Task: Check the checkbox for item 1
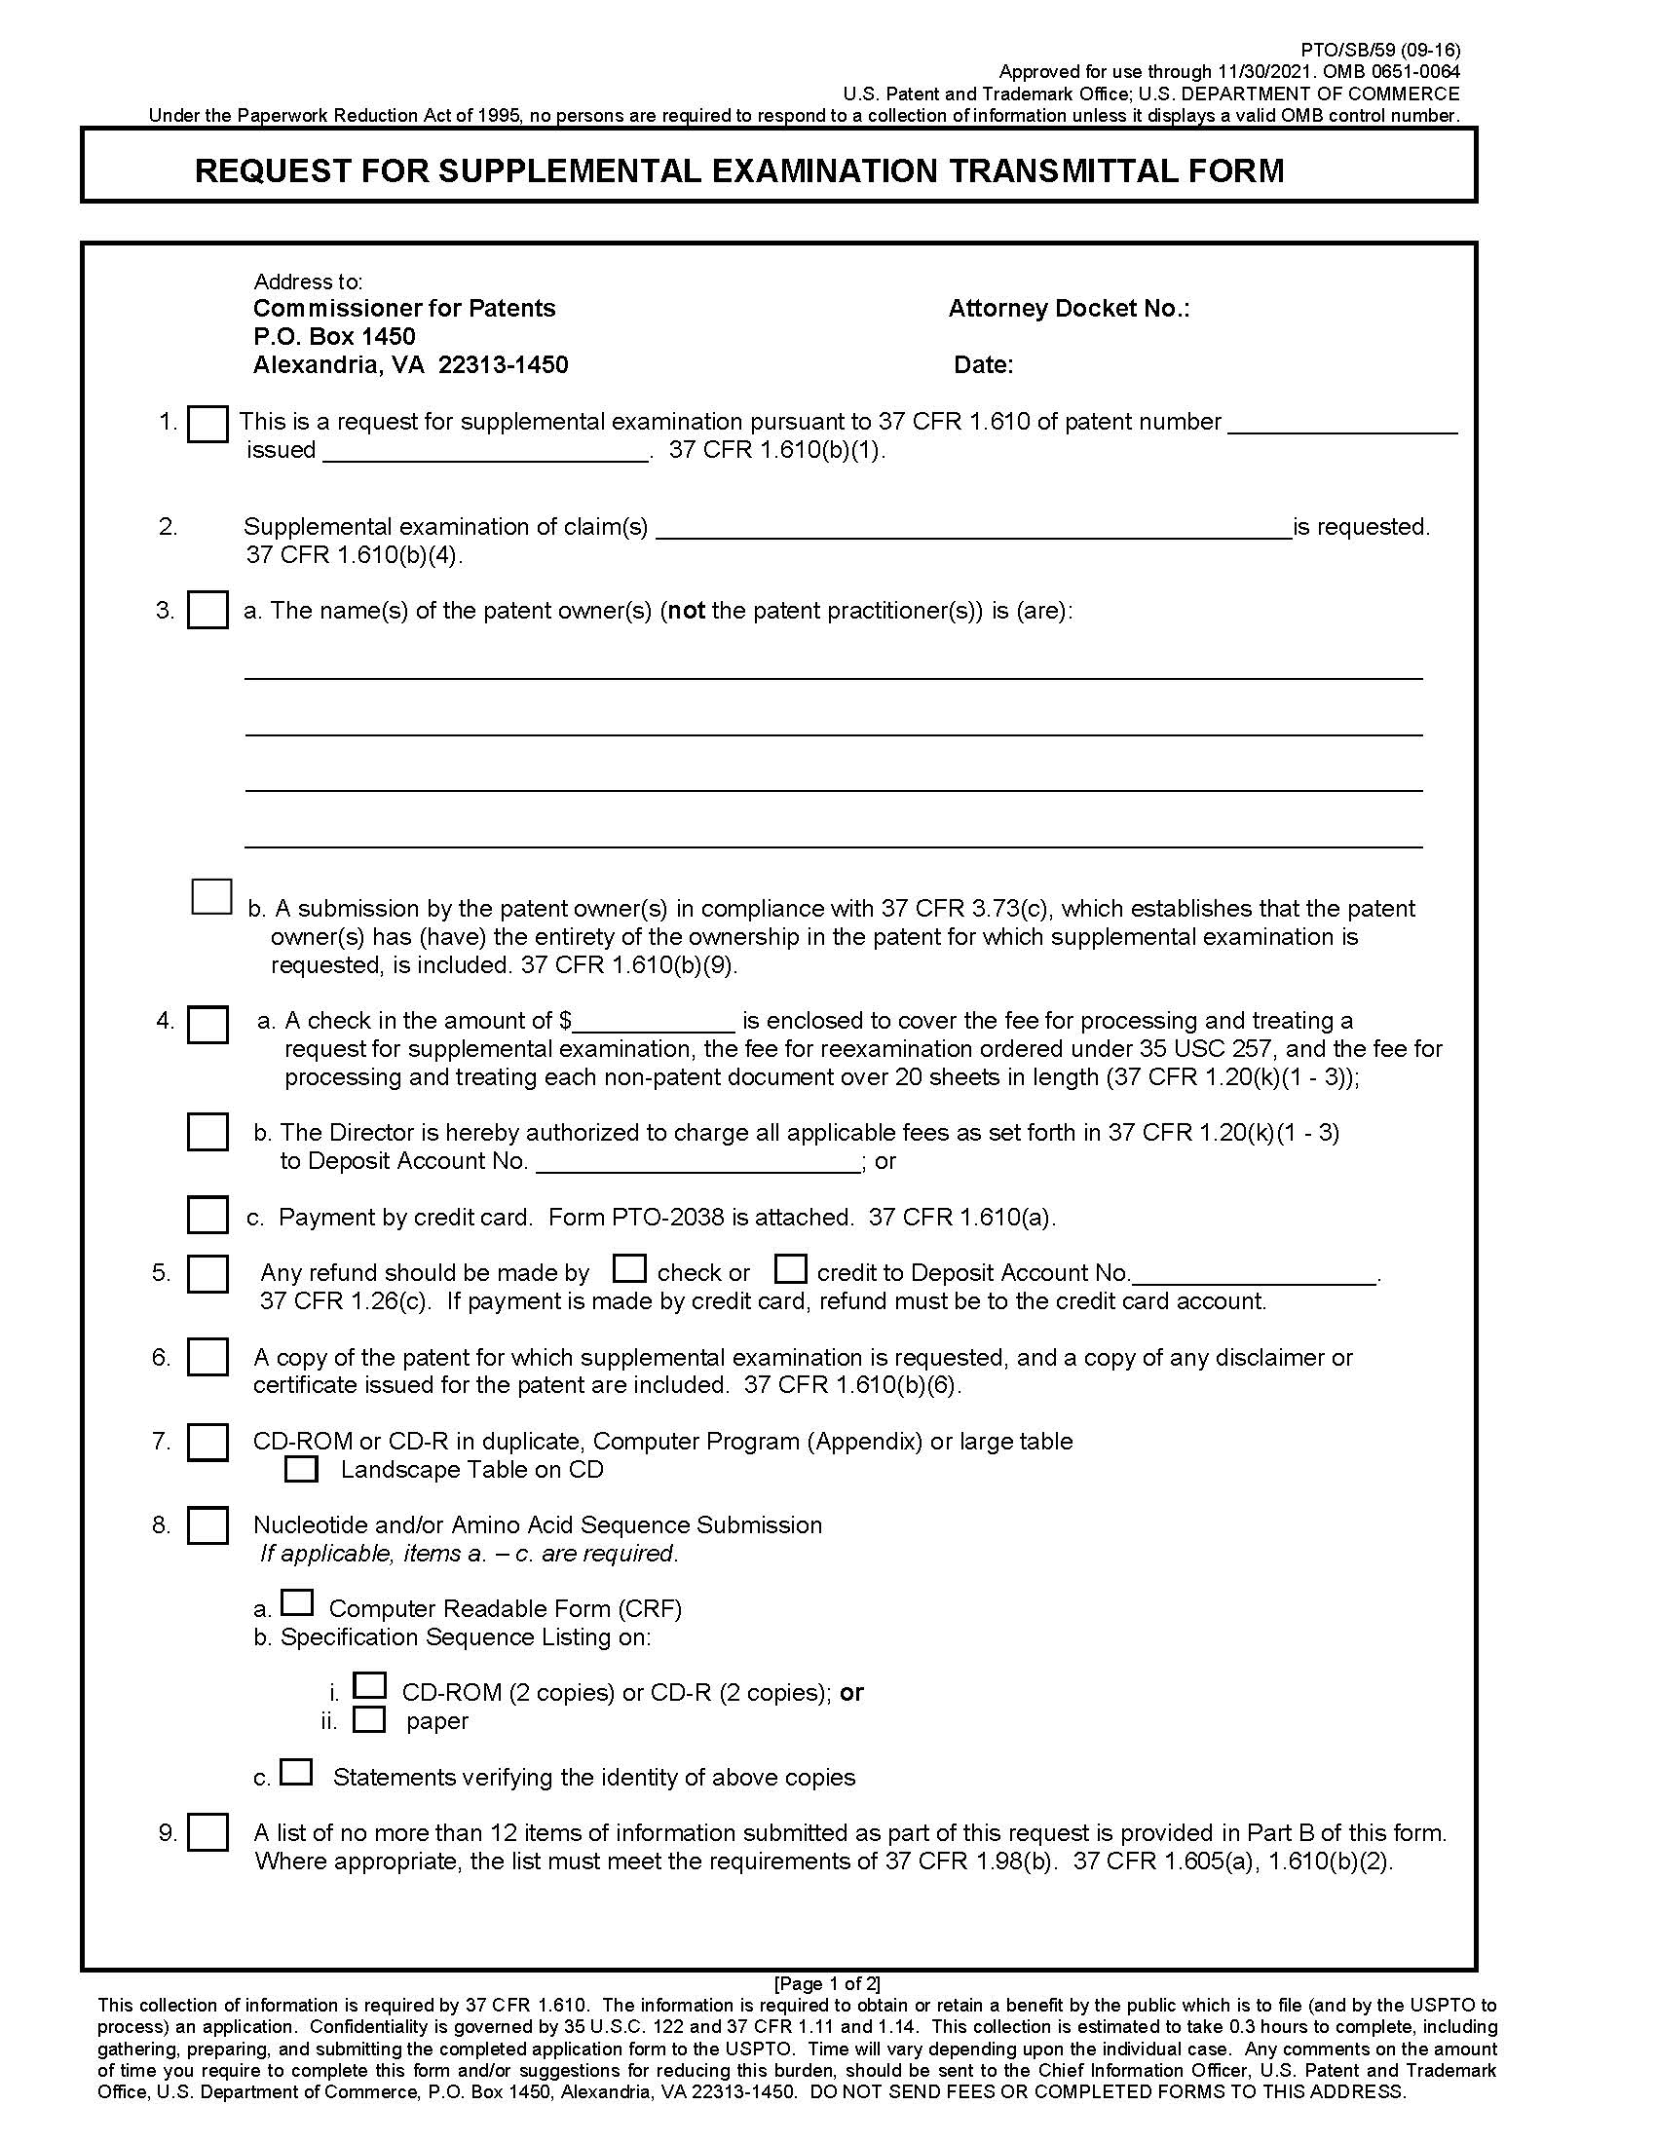pos(207,425)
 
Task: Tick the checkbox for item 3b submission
pos(211,897)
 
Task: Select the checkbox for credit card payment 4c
pos(207,1215)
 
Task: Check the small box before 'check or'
pos(629,1268)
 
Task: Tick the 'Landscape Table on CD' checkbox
pos(301,1469)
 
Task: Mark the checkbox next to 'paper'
pos(369,1720)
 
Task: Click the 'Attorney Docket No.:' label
pos(1069,309)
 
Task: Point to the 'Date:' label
pos(983,365)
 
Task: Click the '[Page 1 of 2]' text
pos(827,1983)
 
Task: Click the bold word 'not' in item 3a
pos(687,612)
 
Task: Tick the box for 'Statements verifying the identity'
pos(296,1772)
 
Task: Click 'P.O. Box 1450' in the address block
pos(333,337)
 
